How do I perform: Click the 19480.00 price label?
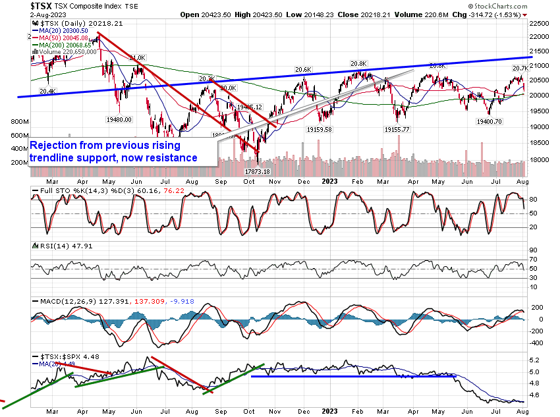click(x=119, y=119)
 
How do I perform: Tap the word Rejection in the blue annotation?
click(x=57, y=145)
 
